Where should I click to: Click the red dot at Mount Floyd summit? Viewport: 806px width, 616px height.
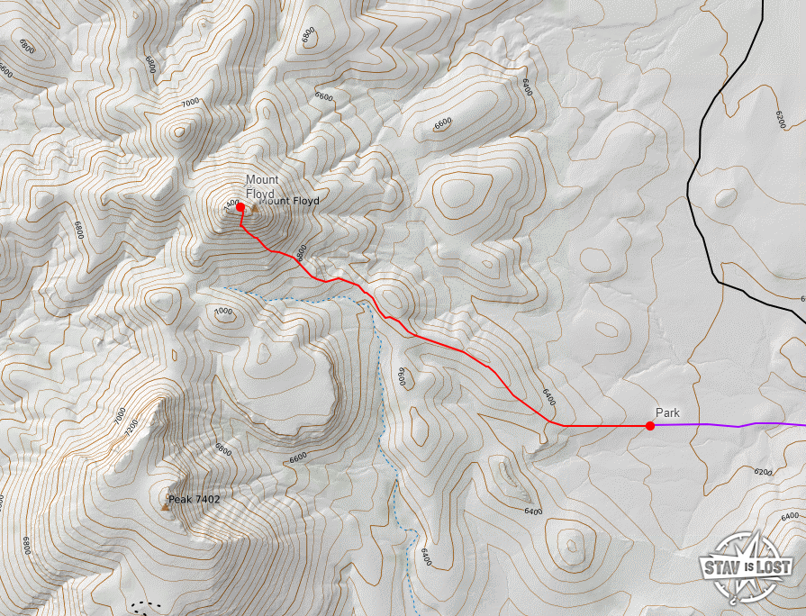click(x=240, y=207)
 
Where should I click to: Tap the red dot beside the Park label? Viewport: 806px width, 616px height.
click(x=650, y=426)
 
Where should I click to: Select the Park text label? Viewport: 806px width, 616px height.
click(x=667, y=412)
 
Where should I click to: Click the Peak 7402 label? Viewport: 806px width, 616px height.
click(x=194, y=498)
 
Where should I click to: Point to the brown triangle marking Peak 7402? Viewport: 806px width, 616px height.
click(x=165, y=506)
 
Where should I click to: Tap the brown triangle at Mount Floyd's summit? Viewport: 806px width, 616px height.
click(x=253, y=209)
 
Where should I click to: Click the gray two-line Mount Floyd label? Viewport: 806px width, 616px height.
click(x=262, y=186)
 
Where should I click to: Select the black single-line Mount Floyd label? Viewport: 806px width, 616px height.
click(x=290, y=201)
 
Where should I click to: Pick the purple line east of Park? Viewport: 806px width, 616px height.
click(x=738, y=425)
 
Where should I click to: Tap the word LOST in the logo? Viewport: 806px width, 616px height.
click(x=774, y=566)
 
